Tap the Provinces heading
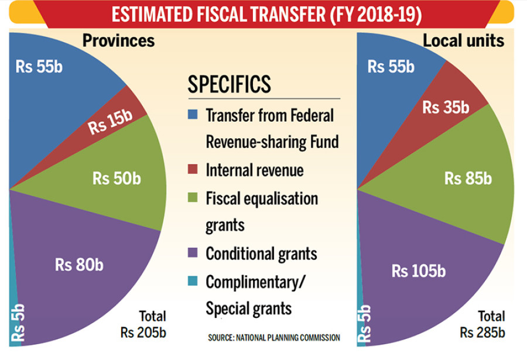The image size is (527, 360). (x=118, y=40)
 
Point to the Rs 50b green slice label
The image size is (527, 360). (x=117, y=179)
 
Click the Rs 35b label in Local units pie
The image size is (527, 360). (x=446, y=108)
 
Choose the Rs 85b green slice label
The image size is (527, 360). (x=468, y=179)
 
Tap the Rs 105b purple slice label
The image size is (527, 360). (x=418, y=271)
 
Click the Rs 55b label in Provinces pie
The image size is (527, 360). (x=39, y=66)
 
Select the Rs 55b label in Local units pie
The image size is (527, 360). (x=391, y=66)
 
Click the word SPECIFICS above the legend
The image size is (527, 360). (x=229, y=84)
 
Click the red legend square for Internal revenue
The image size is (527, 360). (x=193, y=169)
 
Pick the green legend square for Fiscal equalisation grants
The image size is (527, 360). (x=193, y=197)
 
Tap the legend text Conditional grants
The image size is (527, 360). (x=261, y=253)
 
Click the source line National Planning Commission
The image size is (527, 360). (x=273, y=338)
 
